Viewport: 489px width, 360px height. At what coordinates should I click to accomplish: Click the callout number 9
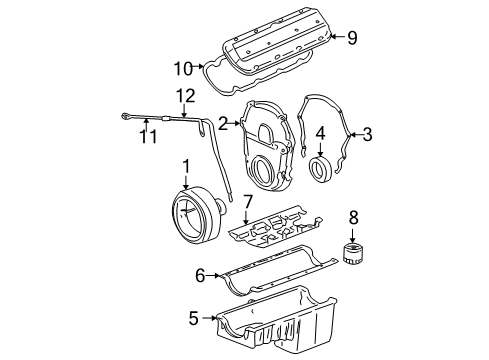[351, 39]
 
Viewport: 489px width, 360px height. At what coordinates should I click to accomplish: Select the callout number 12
[181, 95]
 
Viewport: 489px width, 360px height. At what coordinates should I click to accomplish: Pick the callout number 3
[366, 133]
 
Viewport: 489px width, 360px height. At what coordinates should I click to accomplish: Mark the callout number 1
[185, 165]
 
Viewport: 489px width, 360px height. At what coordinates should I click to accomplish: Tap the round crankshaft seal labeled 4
[323, 169]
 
